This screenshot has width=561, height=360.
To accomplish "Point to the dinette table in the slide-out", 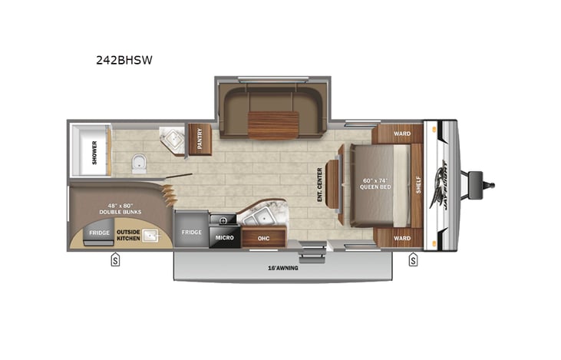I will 272,125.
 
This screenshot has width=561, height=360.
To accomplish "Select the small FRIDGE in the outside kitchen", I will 98,233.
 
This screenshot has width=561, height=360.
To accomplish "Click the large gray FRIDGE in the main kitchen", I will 191,232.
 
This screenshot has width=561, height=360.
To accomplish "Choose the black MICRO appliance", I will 224,238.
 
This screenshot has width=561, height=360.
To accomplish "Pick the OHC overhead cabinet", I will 263,238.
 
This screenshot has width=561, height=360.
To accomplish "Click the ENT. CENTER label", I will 320,185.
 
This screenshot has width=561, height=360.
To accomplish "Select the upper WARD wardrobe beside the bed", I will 401,134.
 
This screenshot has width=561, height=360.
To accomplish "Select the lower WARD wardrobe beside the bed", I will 401,237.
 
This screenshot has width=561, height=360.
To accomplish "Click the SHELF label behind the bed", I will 418,185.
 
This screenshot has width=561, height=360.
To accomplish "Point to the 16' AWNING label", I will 284,268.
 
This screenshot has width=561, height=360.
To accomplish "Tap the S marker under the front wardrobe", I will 413,259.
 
